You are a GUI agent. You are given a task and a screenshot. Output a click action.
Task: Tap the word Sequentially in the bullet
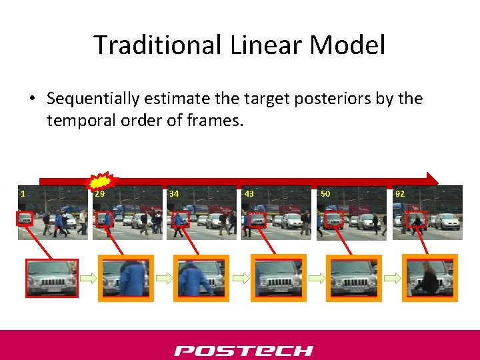coord(93,99)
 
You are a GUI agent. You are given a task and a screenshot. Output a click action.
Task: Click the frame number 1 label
coord(23,194)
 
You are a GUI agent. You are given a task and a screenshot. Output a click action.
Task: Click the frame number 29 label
coord(99,194)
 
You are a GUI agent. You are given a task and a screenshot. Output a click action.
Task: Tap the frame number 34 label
coord(174,194)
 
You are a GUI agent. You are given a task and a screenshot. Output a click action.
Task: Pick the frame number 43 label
coord(249,194)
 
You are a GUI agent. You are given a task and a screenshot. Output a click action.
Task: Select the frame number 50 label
coord(325,194)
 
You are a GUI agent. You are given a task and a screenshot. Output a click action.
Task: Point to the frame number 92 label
coord(400,194)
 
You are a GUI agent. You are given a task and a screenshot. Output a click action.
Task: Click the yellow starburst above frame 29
coord(101,181)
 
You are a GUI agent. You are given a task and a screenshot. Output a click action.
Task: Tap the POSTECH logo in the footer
coord(243,350)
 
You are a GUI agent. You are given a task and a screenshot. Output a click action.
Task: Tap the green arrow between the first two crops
coord(89,278)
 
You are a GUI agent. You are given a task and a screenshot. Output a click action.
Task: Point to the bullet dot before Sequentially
coord(32,99)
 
